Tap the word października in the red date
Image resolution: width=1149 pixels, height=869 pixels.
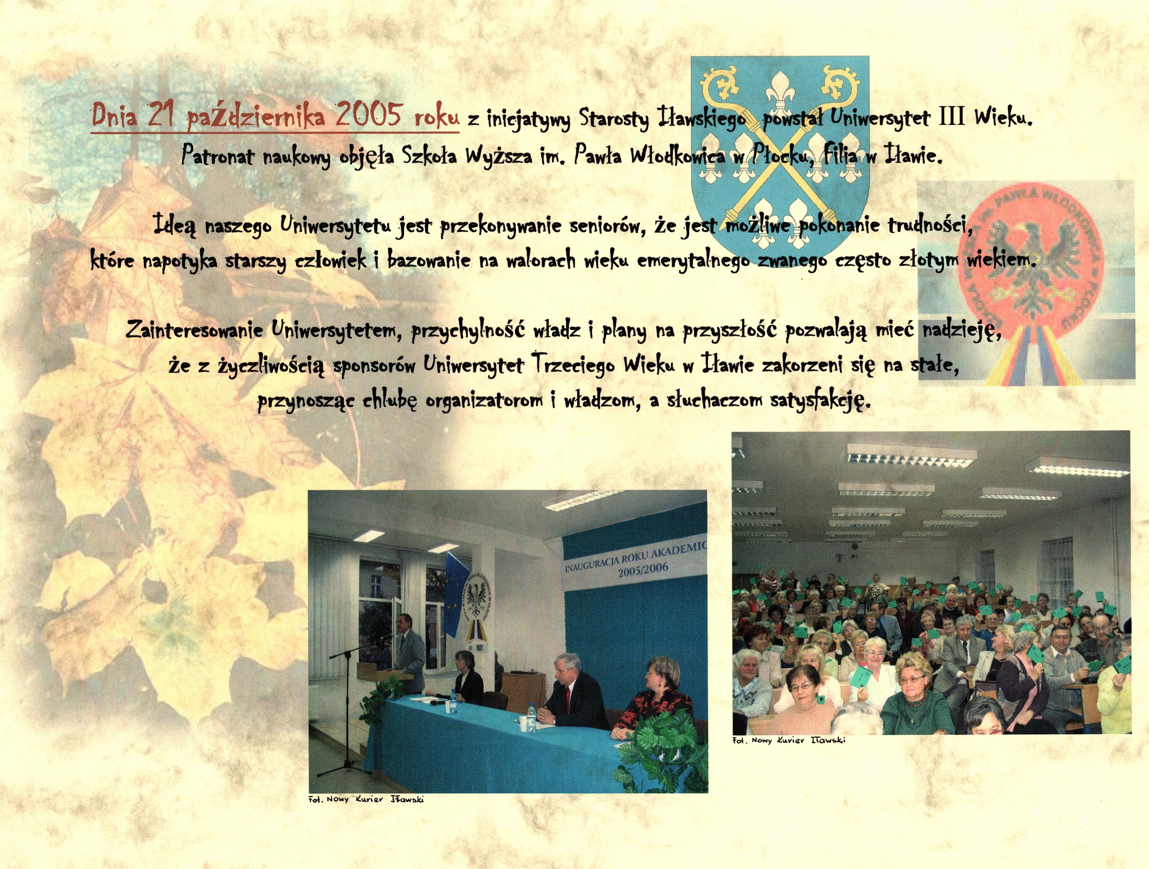click(x=255, y=115)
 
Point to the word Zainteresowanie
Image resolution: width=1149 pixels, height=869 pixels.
click(x=194, y=329)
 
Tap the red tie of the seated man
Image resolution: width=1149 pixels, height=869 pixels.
click(x=568, y=696)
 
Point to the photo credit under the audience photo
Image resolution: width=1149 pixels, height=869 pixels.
click(x=789, y=740)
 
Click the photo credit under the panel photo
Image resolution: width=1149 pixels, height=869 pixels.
click(x=366, y=799)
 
